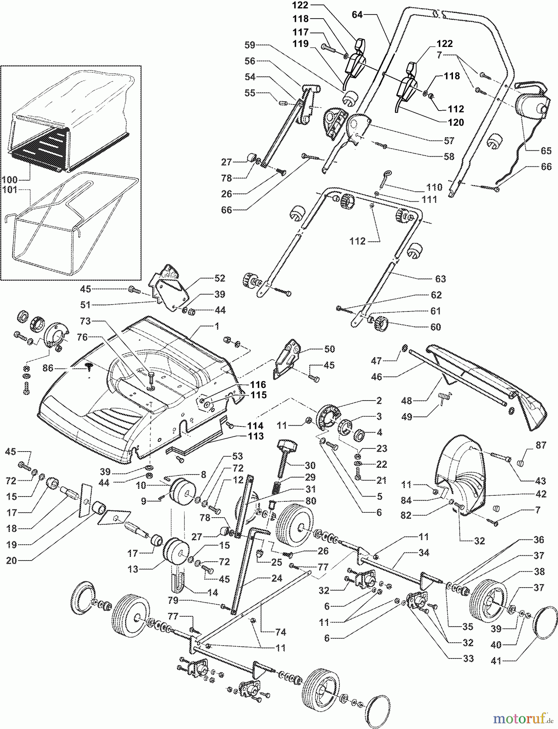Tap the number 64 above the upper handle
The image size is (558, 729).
point(357,15)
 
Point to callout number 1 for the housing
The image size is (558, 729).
point(217,326)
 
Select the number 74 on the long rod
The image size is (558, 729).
point(281,632)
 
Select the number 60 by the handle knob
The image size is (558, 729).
point(436,327)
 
